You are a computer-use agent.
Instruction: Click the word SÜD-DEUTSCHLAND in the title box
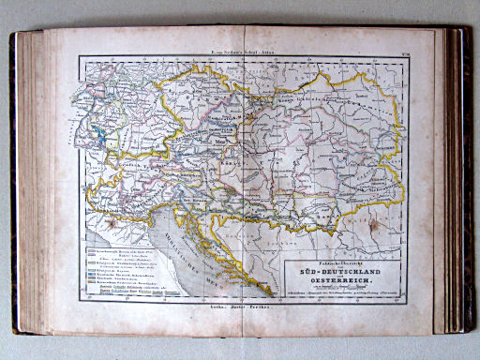pyautogui.click(x=345, y=272)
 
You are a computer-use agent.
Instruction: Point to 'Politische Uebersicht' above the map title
pyautogui.click(x=345, y=262)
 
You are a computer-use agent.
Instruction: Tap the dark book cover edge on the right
pyautogui.click(x=461, y=178)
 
